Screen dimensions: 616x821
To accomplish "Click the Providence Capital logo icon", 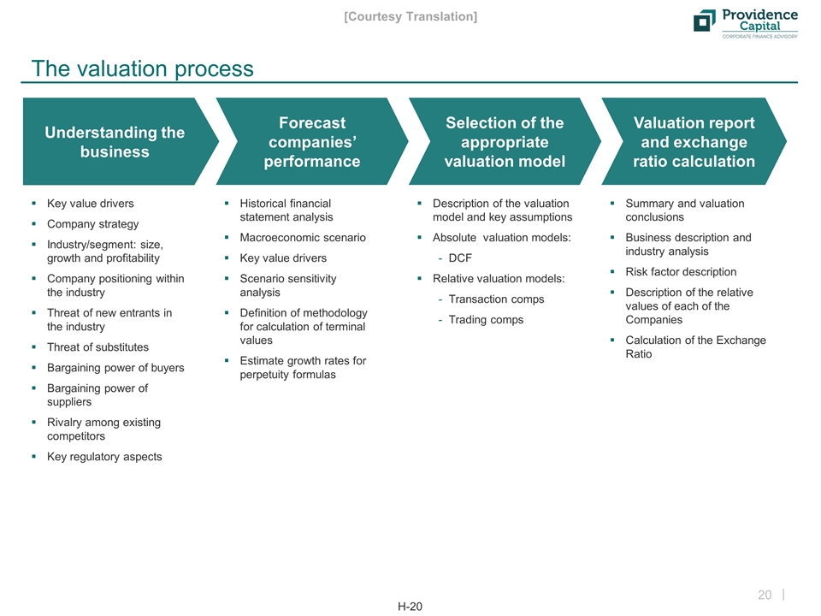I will [705, 21].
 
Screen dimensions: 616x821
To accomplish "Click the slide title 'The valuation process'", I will [142, 68].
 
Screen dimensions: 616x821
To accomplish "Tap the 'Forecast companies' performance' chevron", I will [315, 142].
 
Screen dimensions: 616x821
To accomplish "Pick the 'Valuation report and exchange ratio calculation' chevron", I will [693, 142].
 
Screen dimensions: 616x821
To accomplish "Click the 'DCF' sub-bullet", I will [460, 258].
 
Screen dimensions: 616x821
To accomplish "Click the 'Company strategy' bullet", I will [92, 224].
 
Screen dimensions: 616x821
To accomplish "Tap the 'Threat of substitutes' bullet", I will [97, 347].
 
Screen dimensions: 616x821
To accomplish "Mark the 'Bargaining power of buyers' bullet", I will [115, 368].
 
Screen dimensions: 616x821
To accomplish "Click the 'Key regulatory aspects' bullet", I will [104, 457].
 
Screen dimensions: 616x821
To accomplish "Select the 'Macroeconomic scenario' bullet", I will [303, 238].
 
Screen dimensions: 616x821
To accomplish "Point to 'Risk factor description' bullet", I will [681, 272].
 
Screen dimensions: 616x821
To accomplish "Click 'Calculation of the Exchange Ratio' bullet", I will [695, 346].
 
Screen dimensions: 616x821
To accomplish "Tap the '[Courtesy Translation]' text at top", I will [410, 16].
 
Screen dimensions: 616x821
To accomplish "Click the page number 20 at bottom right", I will [765, 595].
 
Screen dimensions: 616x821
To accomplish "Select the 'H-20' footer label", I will [410, 607].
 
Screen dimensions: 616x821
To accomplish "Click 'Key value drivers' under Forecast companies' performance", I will [283, 258].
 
